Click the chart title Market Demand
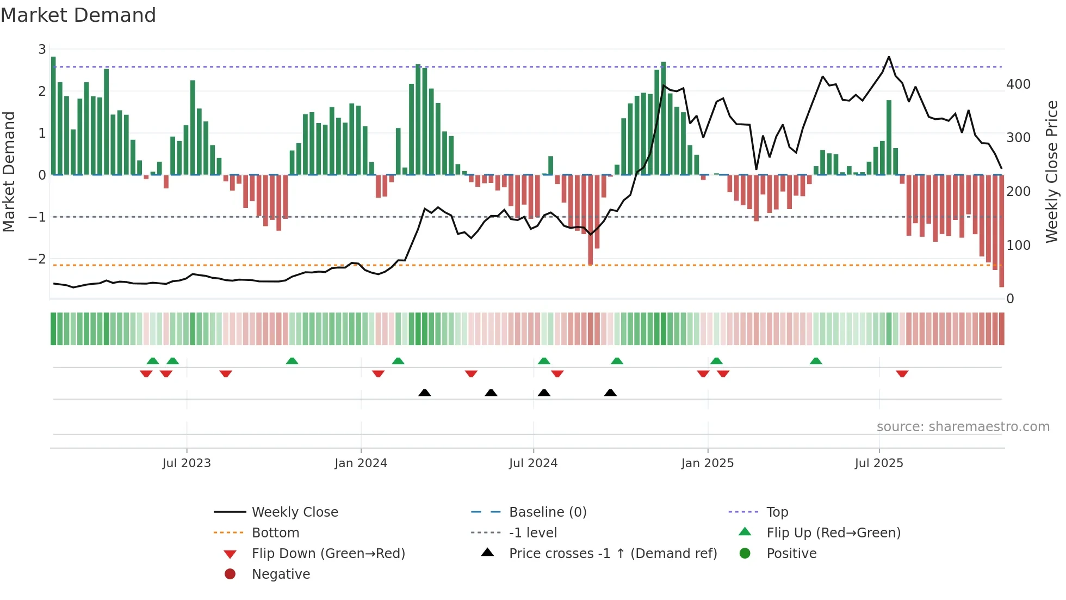[x=78, y=15]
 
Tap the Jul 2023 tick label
[x=187, y=463]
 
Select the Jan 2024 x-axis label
[x=361, y=463]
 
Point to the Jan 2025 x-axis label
[x=707, y=463]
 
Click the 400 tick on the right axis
[x=1018, y=84]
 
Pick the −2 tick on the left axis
[x=38, y=259]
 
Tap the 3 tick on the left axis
[x=42, y=50]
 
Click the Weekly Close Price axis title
[x=1052, y=172]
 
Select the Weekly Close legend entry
[x=294, y=512]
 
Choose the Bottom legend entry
[x=275, y=532]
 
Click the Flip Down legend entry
[x=328, y=553]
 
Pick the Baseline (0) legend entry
[x=547, y=512]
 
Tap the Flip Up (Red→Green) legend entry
[x=833, y=532]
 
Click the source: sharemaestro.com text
[x=963, y=426]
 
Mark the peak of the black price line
[x=889, y=57]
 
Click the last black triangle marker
[x=610, y=393]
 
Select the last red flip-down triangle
[x=902, y=374]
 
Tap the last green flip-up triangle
[x=816, y=361]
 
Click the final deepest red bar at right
[x=1001, y=231]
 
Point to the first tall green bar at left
[x=53, y=115]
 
